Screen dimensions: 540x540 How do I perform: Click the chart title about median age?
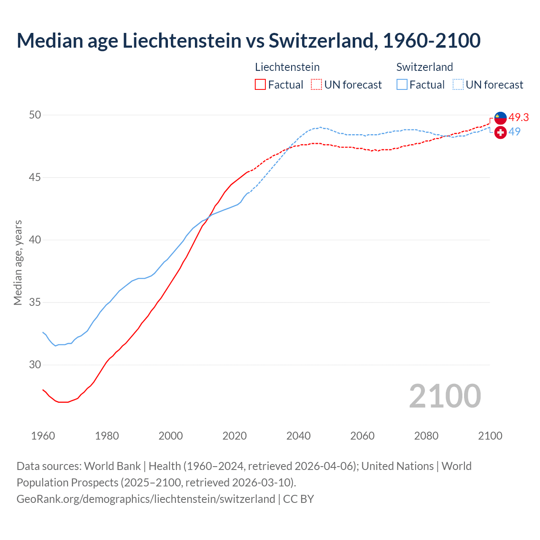(x=248, y=40)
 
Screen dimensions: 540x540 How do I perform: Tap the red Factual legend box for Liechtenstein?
(x=260, y=84)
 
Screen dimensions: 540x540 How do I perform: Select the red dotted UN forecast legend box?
(x=316, y=84)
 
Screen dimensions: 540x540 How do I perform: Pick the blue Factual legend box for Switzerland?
(x=402, y=84)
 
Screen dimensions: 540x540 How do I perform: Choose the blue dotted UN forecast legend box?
(x=458, y=84)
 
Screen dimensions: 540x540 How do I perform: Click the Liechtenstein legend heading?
(x=287, y=67)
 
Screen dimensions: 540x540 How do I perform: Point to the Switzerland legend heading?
(x=424, y=67)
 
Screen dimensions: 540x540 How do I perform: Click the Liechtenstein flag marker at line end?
(x=500, y=118)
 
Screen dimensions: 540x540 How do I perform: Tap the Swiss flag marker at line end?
(x=500, y=132)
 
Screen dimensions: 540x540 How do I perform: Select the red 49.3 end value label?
(x=518, y=117)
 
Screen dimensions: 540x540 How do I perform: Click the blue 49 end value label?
(x=514, y=132)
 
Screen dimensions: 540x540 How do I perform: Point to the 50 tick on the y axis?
(x=35, y=115)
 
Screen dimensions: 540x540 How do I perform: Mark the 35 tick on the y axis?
(x=35, y=302)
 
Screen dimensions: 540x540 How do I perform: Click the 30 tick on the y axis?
(x=35, y=365)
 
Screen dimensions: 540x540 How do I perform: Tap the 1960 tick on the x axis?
(x=43, y=436)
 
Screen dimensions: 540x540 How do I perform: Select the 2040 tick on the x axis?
(x=298, y=436)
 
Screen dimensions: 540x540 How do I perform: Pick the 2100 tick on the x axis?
(x=490, y=436)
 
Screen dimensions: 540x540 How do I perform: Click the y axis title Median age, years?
(x=18, y=262)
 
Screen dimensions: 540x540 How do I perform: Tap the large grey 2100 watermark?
(x=445, y=396)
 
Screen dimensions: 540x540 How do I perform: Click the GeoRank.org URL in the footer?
(x=146, y=499)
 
